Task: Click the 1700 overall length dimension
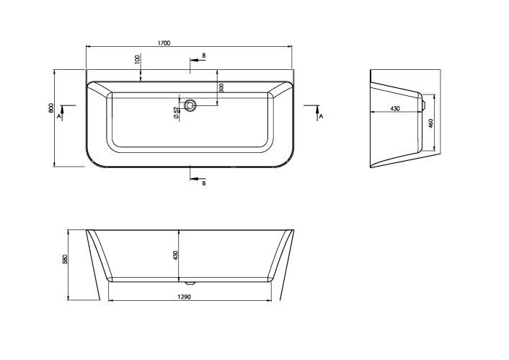coord(163,43)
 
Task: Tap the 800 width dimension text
coord(50,109)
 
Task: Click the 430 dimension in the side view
coord(394,108)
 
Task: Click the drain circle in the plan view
coord(190,105)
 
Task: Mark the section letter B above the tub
coord(204,56)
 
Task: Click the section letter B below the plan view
coord(204,183)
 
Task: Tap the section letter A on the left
coord(58,115)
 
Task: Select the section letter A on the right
coord(321,115)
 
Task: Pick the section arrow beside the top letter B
coord(195,60)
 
